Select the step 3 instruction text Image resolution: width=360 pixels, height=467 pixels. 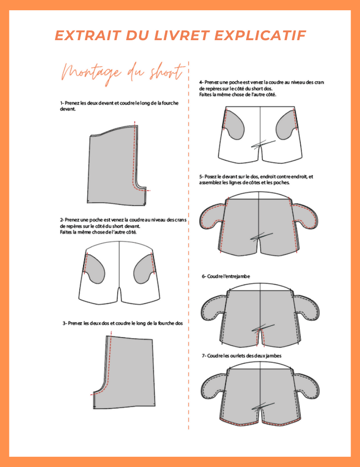(122, 323)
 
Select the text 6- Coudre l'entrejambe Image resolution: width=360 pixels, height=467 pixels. (226, 276)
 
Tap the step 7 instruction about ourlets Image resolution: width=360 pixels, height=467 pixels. (241, 355)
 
